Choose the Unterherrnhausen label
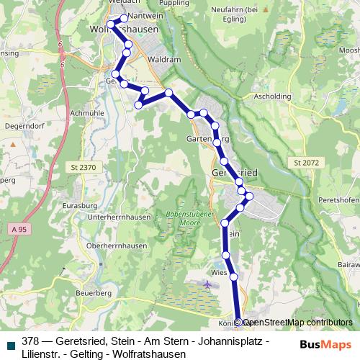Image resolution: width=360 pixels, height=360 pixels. click(117, 217)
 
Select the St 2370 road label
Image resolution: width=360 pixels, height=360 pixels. click(84, 166)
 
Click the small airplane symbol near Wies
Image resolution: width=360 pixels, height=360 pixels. click(208, 284)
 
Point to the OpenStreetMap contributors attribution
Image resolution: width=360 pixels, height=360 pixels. click(294, 323)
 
